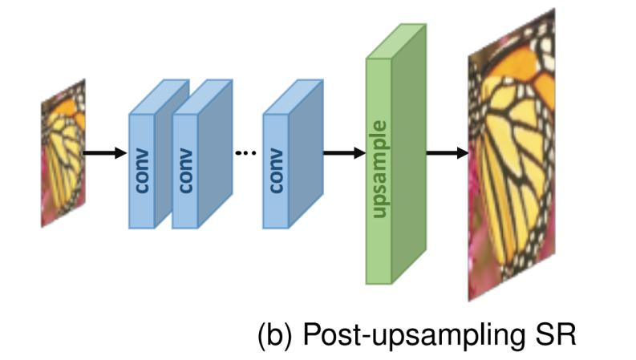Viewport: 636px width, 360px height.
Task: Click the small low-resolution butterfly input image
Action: pos(63,153)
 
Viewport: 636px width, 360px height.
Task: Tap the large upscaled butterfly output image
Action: pos(512,155)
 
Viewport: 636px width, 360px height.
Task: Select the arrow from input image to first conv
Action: pos(104,153)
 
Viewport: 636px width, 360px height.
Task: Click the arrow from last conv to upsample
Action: pos(344,153)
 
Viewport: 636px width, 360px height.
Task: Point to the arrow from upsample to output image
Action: pos(448,153)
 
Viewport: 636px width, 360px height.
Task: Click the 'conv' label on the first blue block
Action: pos(142,171)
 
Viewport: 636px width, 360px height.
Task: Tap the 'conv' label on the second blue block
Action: pos(185,171)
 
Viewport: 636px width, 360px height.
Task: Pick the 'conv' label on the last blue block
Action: pos(276,171)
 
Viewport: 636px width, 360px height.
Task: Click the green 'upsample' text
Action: pos(379,169)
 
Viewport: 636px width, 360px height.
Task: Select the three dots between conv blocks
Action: pos(245,153)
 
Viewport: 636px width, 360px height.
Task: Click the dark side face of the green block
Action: pos(409,154)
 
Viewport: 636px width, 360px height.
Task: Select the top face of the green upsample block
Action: pos(396,42)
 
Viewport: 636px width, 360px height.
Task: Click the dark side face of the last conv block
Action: pos(306,154)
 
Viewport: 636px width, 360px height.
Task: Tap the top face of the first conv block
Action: pos(159,97)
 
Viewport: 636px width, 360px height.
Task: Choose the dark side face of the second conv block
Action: pos(216,154)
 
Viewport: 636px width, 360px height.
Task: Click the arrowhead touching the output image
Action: pos(463,153)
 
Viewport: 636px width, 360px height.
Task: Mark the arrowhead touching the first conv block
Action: pos(121,153)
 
